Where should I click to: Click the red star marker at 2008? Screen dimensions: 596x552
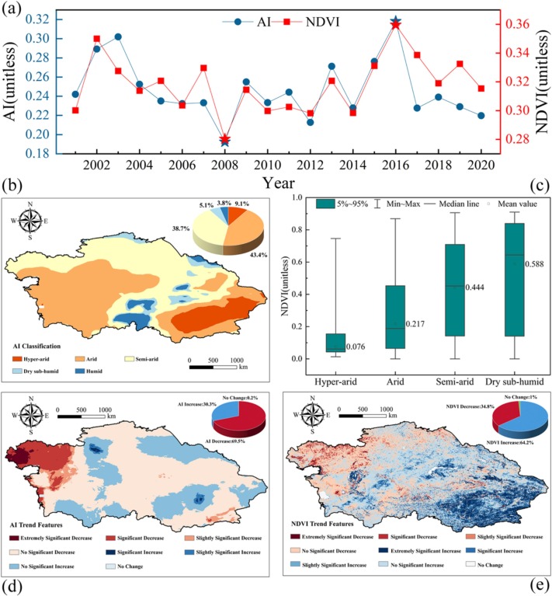[225, 138]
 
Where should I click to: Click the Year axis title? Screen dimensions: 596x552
[276, 183]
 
